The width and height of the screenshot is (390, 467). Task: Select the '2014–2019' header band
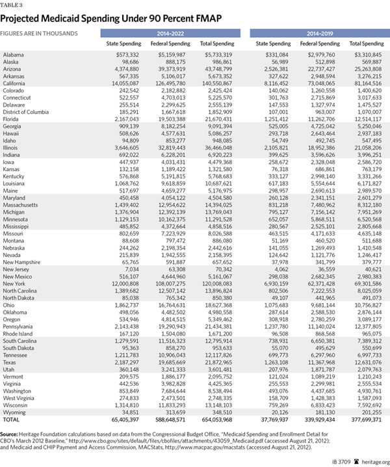[316, 32]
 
